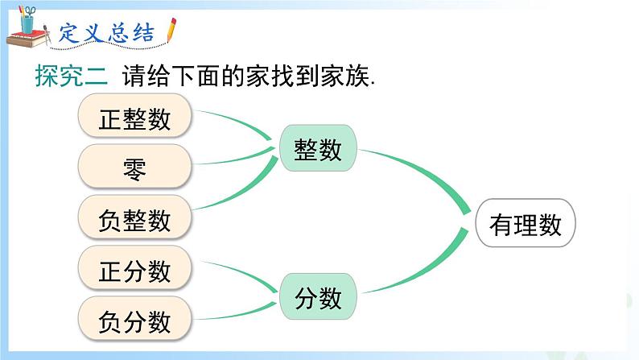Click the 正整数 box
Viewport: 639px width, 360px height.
pyautogui.click(x=135, y=118)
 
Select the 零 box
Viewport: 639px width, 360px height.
pyautogui.click(x=135, y=168)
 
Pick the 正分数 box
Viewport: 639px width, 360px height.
pyautogui.click(x=135, y=270)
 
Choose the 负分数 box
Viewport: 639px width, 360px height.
pyautogui.click(x=135, y=321)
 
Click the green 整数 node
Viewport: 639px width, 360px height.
pyautogui.click(x=318, y=150)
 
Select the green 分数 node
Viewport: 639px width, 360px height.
pyautogui.click(x=318, y=300)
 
